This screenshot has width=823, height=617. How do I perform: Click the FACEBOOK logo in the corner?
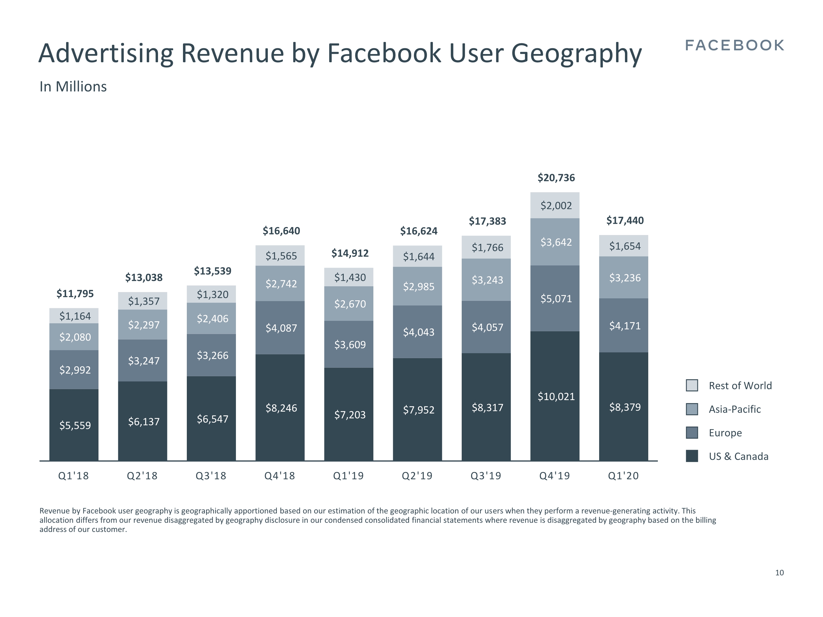point(734,45)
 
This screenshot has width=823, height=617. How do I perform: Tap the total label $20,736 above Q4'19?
point(556,178)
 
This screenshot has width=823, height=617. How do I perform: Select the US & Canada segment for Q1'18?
point(74,425)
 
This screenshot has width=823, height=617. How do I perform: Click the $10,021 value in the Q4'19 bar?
point(556,397)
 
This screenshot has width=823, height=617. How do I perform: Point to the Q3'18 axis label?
point(211,476)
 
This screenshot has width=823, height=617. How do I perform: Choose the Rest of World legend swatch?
point(692,385)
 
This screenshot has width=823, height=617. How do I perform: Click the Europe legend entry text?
point(725,433)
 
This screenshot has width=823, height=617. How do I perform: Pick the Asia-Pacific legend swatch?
point(692,409)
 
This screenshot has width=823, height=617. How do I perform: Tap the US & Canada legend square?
point(692,456)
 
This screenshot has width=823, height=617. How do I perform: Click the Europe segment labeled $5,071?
point(556,298)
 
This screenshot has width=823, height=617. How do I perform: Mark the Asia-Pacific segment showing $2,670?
point(350,304)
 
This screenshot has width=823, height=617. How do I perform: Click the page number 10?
point(779,573)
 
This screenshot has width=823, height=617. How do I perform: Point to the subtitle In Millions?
point(73,87)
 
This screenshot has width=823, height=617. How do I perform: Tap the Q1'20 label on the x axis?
point(623,476)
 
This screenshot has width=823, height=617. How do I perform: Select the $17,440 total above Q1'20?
point(625,220)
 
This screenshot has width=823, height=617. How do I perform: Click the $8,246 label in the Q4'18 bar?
point(281,408)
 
